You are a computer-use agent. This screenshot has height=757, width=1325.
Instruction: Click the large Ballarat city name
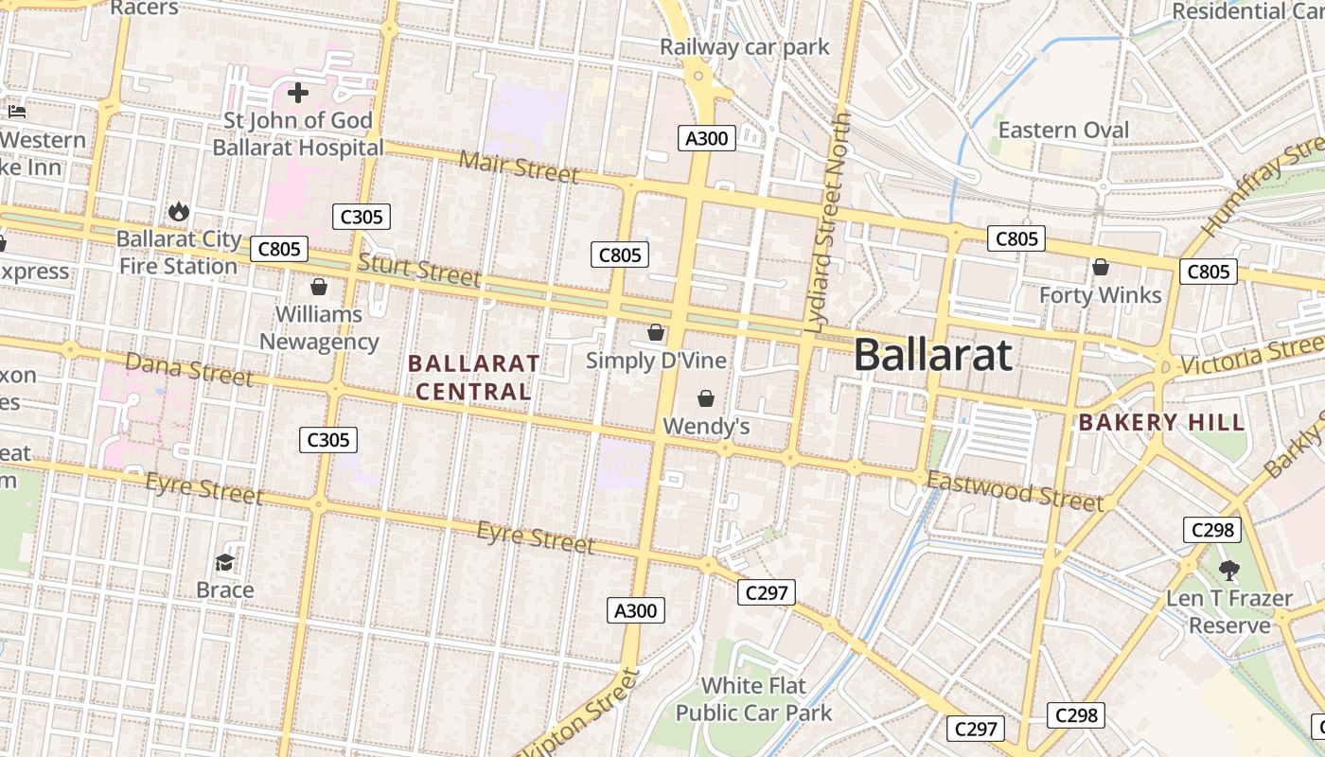[933, 355]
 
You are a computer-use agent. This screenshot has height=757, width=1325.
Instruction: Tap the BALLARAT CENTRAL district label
[473, 377]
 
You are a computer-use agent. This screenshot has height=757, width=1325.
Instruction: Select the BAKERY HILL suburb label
[1161, 422]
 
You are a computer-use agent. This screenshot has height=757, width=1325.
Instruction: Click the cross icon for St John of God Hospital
[298, 93]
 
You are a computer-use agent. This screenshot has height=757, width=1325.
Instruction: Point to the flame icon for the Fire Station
[178, 211]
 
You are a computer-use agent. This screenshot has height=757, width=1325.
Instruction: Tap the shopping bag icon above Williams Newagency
[319, 286]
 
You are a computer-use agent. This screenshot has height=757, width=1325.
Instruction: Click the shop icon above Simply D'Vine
[656, 332]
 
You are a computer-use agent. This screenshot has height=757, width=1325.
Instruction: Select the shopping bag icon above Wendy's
[706, 398]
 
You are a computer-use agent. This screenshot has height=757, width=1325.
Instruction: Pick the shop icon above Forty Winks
[1100, 268]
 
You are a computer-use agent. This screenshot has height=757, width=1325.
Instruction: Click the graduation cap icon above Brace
[224, 563]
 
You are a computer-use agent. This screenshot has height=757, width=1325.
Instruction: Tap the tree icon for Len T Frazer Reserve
[1228, 571]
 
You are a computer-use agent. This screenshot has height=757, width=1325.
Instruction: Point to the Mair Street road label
[519, 167]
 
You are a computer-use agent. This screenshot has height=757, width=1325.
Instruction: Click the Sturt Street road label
[419, 270]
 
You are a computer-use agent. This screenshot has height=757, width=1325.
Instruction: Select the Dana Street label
[189, 369]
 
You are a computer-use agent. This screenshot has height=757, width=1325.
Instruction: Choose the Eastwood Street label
[1015, 489]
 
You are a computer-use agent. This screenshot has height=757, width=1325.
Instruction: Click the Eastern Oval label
[1064, 130]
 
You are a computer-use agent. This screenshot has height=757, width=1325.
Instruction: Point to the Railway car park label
[744, 47]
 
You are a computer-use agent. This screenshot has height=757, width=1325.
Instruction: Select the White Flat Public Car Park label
[753, 698]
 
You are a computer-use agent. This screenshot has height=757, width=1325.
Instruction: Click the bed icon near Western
[17, 112]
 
